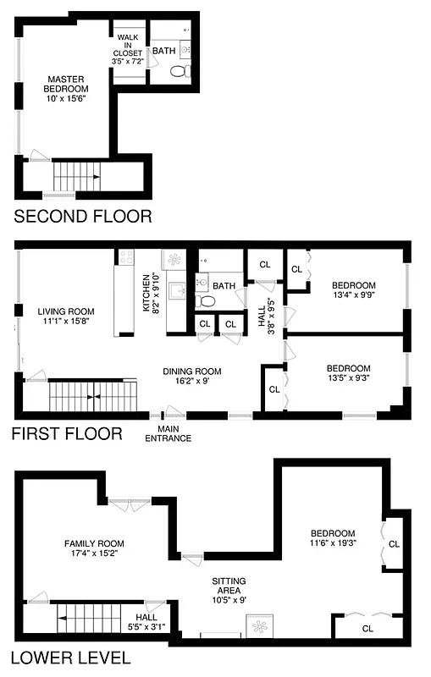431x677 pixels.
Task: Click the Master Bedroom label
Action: click(x=66, y=89)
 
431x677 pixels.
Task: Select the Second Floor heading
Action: click(x=83, y=217)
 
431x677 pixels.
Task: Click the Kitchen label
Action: click(x=146, y=293)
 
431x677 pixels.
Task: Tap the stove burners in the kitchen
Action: click(x=127, y=257)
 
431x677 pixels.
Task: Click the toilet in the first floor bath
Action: click(x=204, y=301)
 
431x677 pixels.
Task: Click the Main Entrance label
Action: click(x=168, y=433)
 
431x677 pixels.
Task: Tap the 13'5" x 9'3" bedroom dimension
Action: click(x=348, y=378)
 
